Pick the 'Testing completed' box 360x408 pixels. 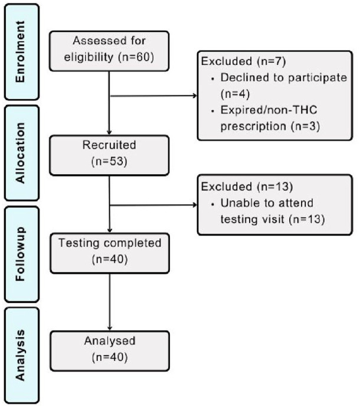110,250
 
